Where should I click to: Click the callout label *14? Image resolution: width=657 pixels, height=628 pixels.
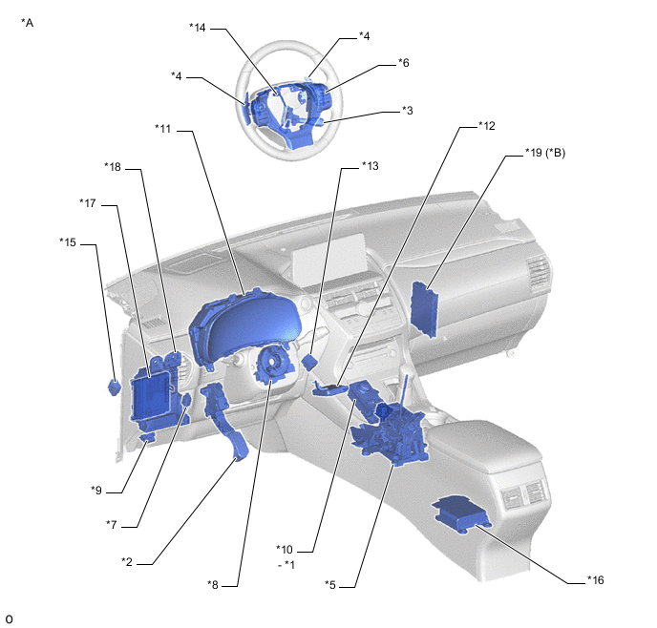tap(198, 28)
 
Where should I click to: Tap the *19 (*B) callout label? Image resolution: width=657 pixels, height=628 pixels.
tap(545, 153)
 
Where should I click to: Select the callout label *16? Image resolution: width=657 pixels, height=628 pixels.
tap(596, 580)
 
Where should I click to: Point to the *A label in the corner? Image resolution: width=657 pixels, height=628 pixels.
tap(28, 23)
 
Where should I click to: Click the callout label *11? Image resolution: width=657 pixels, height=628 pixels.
tap(163, 129)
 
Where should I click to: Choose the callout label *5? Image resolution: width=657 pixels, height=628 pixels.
tap(330, 584)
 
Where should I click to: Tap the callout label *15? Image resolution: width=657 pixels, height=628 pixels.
tap(68, 242)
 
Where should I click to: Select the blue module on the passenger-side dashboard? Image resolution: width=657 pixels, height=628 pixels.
tap(424, 309)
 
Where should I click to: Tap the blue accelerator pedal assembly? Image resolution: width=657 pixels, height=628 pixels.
tap(225, 420)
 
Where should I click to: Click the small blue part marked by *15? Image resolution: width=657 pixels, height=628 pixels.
tap(115, 387)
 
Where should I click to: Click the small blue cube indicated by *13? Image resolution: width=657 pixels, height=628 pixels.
tap(310, 362)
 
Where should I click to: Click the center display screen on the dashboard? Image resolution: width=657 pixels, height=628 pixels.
tap(328, 259)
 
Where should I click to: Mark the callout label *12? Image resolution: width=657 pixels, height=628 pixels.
tap(486, 126)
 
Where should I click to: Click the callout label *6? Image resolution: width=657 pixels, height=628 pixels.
tap(403, 63)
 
